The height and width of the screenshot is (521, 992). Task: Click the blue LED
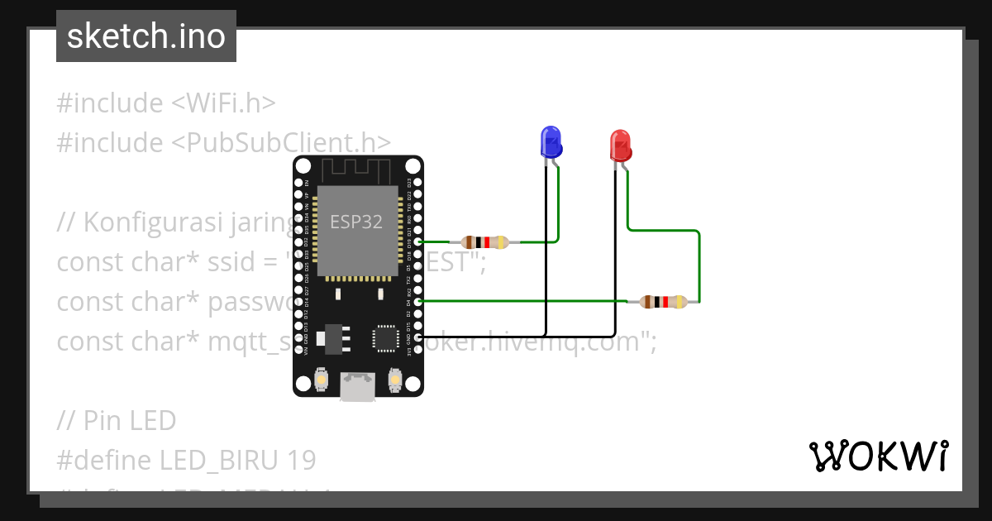pyautogui.click(x=551, y=142)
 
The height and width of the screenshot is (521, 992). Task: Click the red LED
pyautogui.click(x=620, y=146)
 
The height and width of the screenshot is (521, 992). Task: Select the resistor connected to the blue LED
pyautogui.click(x=486, y=242)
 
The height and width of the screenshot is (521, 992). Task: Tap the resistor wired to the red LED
pyautogui.click(x=664, y=302)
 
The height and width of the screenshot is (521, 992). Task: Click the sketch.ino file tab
pyautogui.click(x=146, y=36)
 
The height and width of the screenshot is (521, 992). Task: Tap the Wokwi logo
pyautogui.click(x=877, y=456)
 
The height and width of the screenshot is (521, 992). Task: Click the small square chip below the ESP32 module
pyautogui.click(x=386, y=337)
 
